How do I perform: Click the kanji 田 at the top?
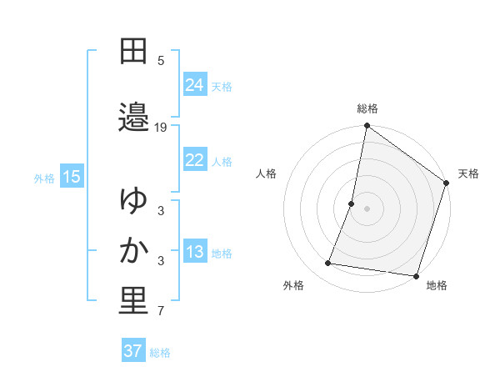click(133, 52)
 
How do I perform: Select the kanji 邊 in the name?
click(133, 117)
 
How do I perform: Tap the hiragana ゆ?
click(133, 200)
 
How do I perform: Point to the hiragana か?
click(133, 251)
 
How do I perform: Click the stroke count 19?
click(161, 128)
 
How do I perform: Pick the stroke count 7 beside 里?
click(161, 312)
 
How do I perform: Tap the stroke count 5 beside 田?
click(161, 61)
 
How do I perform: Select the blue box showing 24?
click(195, 84)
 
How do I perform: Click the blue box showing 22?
click(195, 160)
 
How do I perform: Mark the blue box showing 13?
click(195, 252)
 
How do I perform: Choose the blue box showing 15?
click(71, 176)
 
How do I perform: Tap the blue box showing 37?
click(132, 351)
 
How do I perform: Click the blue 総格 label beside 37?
click(160, 353)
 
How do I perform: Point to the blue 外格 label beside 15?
click(44, 178)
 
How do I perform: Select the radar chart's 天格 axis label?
click(468, 173)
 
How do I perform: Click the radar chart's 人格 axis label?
click(267, 173)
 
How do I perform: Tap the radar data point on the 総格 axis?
click(367, 126)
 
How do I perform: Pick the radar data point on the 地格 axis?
click(416, 275)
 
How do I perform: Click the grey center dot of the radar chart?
click(367, 208)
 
